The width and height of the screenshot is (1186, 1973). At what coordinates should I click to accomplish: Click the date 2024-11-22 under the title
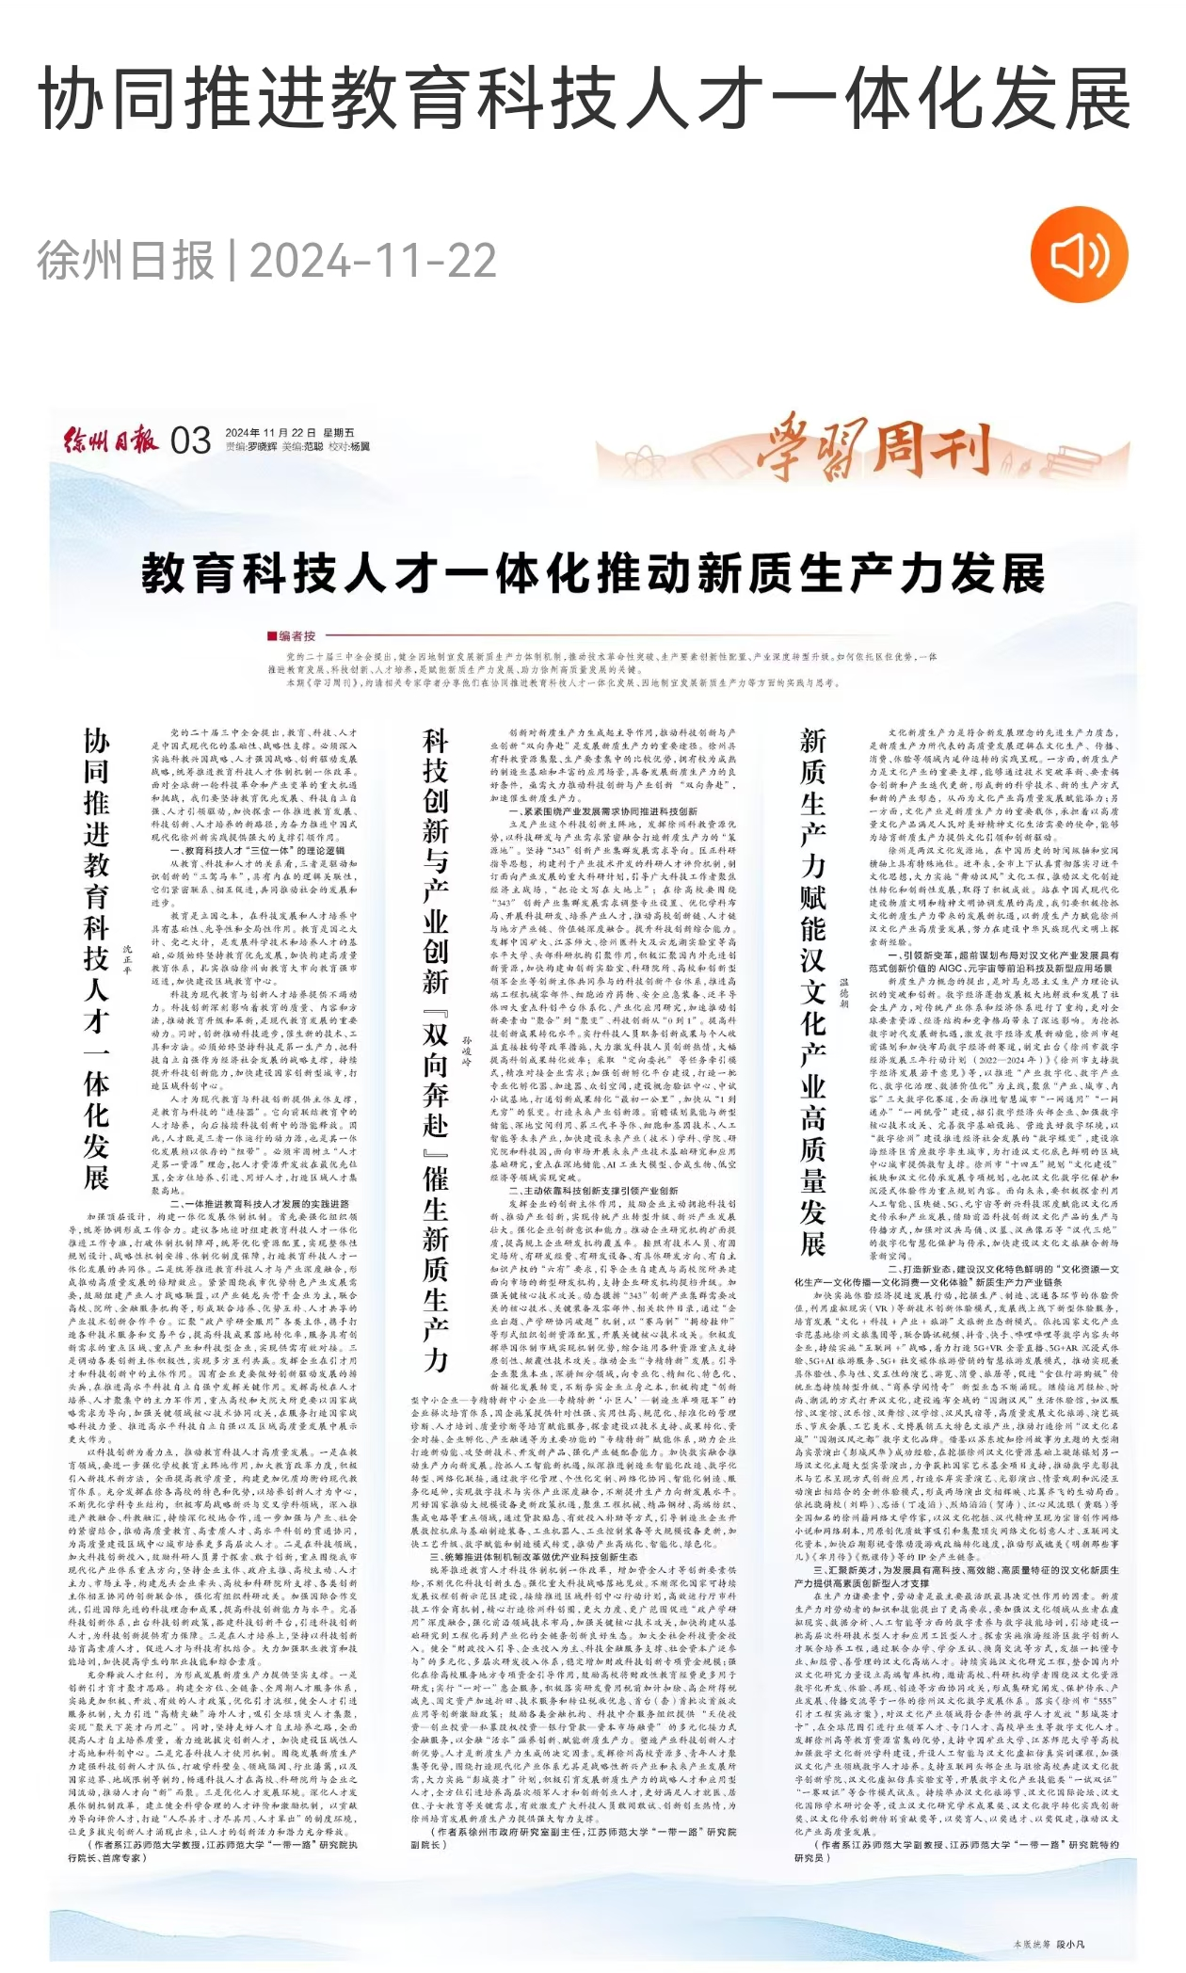coord(373,261)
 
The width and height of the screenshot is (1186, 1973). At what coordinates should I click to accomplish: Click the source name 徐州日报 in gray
coord(125,261)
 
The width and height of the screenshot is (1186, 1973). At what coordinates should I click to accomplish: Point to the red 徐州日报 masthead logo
coord(111,440)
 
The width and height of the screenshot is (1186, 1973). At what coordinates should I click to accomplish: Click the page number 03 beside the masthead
coord(191,441)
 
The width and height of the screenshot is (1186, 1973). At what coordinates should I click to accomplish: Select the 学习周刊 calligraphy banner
coord(875,448)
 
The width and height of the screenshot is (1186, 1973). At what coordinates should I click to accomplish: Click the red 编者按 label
coord(293,636)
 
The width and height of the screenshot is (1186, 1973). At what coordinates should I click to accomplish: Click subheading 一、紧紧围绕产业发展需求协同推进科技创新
coord(603,810)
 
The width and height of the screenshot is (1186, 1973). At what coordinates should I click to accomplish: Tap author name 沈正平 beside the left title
coord(129,958)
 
